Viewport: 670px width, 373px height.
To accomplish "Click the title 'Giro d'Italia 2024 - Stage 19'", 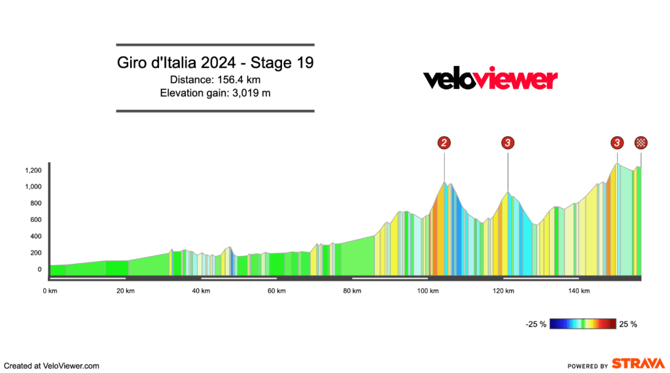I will click(x=215, y=63).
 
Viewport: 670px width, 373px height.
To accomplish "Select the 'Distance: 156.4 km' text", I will click(x=215, y=80).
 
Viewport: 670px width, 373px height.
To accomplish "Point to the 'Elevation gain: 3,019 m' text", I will click(x=215, y=93).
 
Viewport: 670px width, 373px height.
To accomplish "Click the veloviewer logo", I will click(x=490, y=79).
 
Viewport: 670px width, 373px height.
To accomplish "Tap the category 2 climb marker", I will click(x=444, y=143).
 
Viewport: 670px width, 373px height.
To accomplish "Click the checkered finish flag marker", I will click(x=641, y=143).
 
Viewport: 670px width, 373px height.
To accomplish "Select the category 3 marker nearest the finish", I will click(x=616, y=143).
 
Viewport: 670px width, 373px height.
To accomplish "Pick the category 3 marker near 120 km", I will click(x=508, y=143).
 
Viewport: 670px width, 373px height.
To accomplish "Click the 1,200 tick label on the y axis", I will click(x=33, y=171).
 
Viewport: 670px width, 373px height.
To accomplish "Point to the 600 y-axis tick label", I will click(x=35, y=220).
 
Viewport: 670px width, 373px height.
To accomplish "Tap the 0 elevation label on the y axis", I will click(x=39, y=269).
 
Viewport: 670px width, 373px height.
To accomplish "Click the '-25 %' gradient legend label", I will click(x=535, y=324).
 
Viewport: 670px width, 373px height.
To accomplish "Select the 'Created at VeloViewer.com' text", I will click(x=52, y=366).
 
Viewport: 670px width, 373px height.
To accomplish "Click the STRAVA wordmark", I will click(x=639, y=364).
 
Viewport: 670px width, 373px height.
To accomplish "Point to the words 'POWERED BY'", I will click(x=588, y=366).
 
